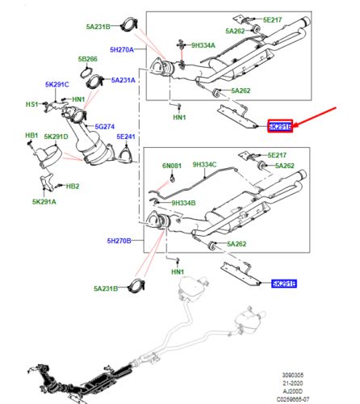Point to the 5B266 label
tap(88, 59)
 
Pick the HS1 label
tap(32, 103)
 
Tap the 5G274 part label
tap(107, 126)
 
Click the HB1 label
tap(31, 135)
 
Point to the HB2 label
tap(73, 186)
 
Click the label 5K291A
tap(45, 201)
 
